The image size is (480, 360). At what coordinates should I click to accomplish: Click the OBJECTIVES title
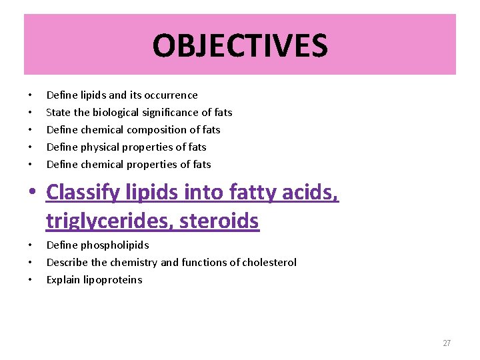click(x=240, y=45)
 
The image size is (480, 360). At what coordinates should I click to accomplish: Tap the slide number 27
click(x=447, y=343)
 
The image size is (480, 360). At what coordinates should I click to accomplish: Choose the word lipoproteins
click(x=112, y=280)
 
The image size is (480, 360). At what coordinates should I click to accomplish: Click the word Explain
click(x=63, y=280)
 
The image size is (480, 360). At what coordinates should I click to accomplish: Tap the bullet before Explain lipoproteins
click(x=31, y=280)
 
